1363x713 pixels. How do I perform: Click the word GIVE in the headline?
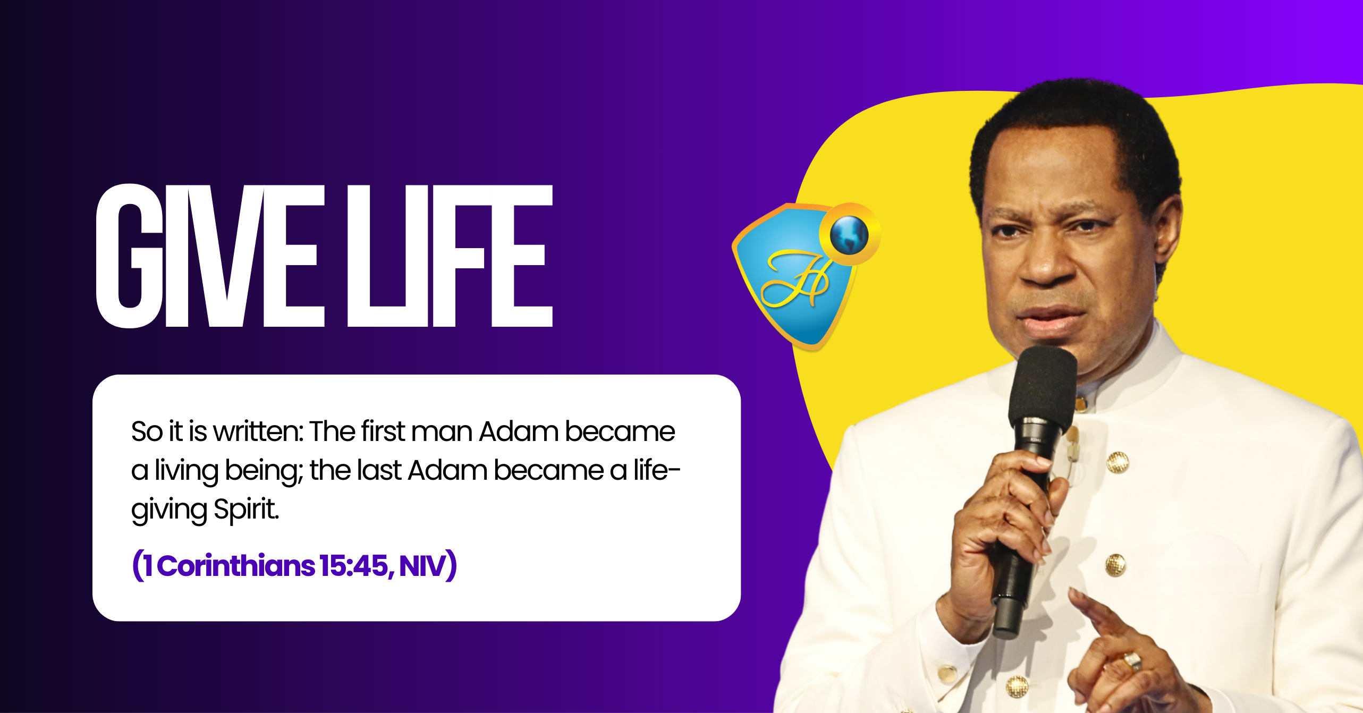click(x=210, y=256)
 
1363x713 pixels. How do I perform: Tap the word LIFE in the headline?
click(x=450, y=256)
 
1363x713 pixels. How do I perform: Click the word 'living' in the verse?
click(x=187, y=471)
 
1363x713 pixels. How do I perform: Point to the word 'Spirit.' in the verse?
click(x=247, y=510)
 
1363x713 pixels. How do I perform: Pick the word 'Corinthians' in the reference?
click(x=236, y=565)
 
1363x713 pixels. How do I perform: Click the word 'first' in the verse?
click(x=383, y=431)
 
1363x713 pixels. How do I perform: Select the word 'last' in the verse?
click(x=379, y=470)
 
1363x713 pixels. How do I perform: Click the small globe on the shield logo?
click(x=849, y=234)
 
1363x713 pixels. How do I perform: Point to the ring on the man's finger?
click(x=1132, y=661)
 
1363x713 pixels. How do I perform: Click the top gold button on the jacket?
click(x=1118, y=462)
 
